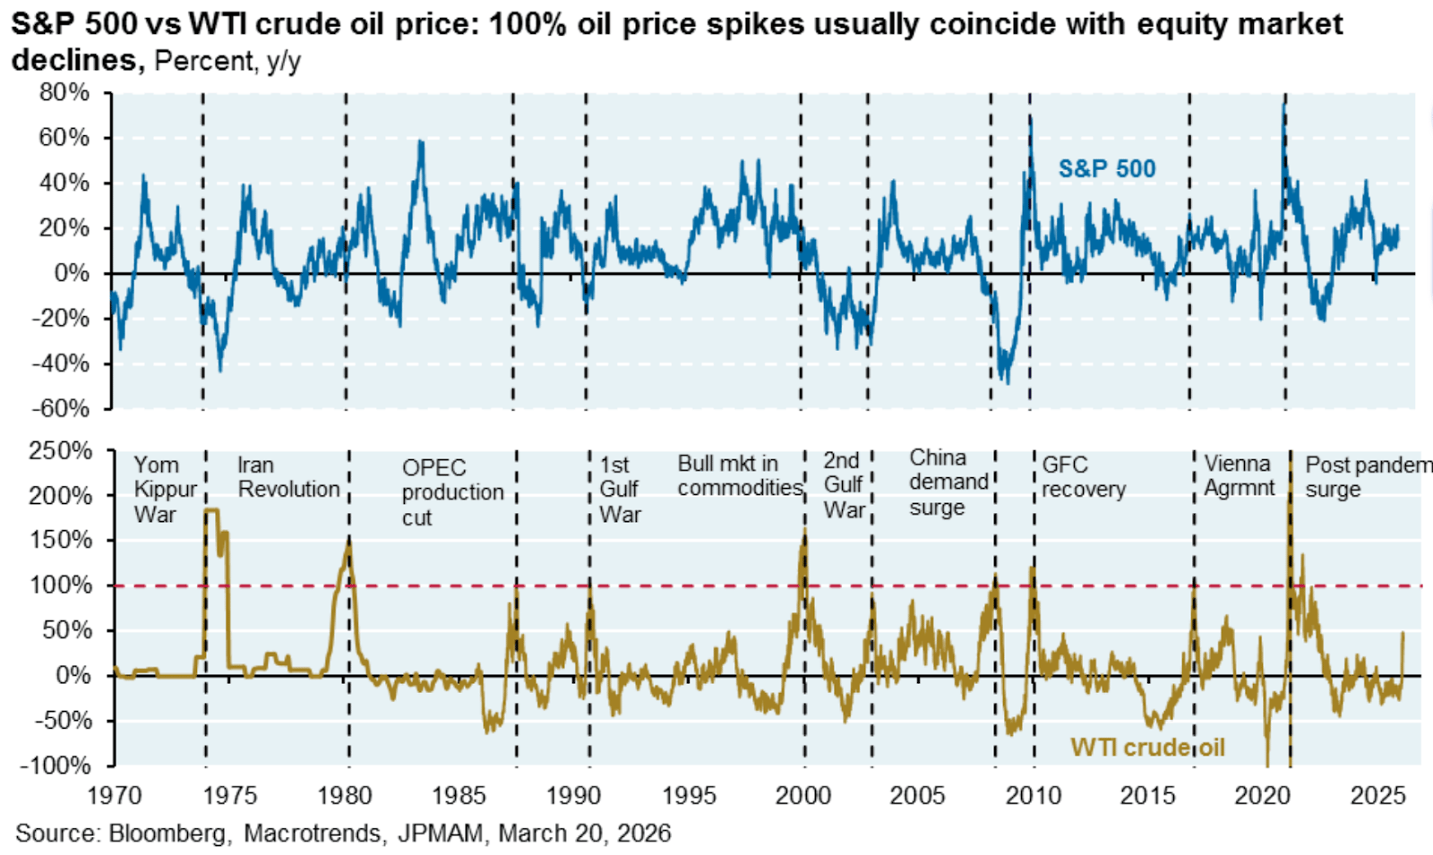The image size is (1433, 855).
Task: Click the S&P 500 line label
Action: (1107, 168)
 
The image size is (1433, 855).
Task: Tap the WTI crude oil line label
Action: (1147, 748)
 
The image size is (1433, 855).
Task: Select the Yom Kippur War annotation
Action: (165, 489)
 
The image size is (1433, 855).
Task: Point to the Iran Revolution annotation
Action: (288, 477)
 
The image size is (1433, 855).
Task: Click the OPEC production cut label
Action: (452, 492)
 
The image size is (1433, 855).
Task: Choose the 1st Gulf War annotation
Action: (620, 489)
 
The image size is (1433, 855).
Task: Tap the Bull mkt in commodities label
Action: (739, 475)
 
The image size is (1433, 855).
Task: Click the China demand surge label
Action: (948, 482)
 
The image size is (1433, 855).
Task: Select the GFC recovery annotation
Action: (1083, 477)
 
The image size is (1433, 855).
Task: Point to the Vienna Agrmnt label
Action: (1239, 475)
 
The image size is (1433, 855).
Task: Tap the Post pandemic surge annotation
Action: (1367, 476)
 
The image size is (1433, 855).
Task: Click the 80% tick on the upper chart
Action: (65, 92)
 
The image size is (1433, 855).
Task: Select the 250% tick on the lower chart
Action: (60, 450)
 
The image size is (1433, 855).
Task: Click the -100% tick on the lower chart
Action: (56, 765)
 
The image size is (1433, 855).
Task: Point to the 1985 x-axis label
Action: (459, 795)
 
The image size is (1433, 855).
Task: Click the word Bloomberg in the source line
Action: (167, 834)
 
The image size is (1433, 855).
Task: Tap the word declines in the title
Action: (77, 60)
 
